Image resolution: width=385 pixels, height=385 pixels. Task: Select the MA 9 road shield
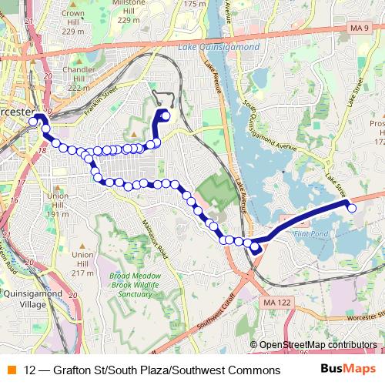[355, 28]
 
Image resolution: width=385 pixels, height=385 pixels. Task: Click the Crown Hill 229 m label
[73, 22]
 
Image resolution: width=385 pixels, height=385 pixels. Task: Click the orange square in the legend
[11, 370]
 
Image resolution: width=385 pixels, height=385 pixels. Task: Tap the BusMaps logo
[348, 370]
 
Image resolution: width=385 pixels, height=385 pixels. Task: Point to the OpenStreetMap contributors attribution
[318, 344]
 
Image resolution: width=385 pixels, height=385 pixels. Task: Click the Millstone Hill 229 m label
[130, 11]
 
